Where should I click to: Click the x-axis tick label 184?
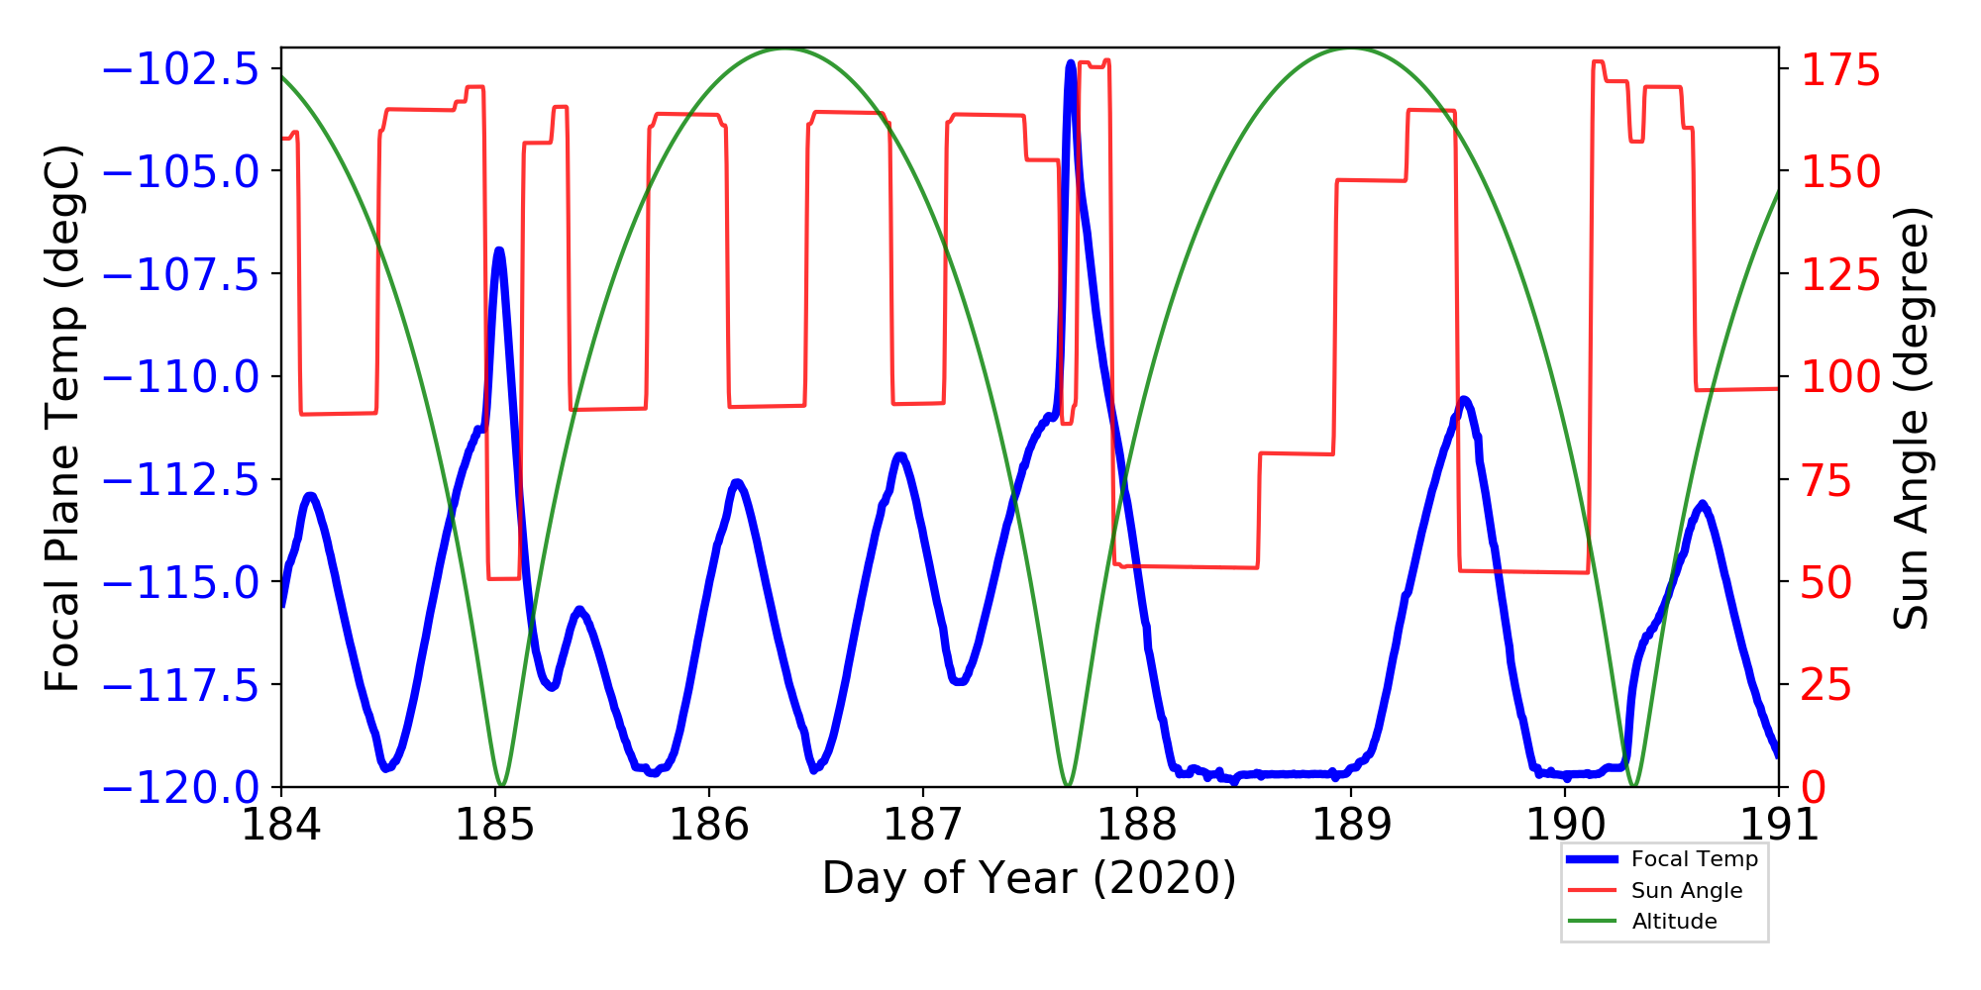281,824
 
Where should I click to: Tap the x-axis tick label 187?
922,824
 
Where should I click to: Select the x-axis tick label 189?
1350,824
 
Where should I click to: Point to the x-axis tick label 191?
1777,824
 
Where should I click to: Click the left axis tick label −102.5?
181,70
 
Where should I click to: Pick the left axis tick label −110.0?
181,377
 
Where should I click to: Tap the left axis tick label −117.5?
181,685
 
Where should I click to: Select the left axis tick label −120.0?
181,788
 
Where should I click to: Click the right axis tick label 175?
1840,70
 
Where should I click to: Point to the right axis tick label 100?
1840,377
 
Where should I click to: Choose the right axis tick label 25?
1827,685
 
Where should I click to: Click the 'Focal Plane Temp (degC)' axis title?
62,418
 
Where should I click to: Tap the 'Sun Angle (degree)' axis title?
1911,418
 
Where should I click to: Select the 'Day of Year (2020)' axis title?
1029,878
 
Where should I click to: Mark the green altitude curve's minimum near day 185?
501,785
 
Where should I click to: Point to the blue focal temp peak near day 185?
499,250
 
